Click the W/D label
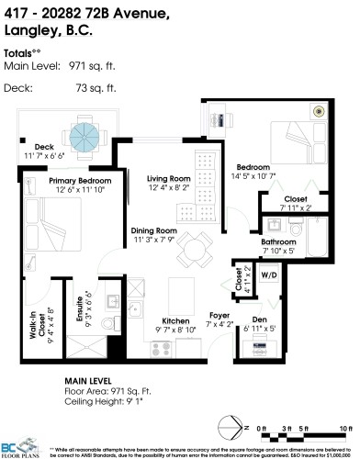coord(270,274)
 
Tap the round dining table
coord(194,248)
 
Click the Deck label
coord(45,146)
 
